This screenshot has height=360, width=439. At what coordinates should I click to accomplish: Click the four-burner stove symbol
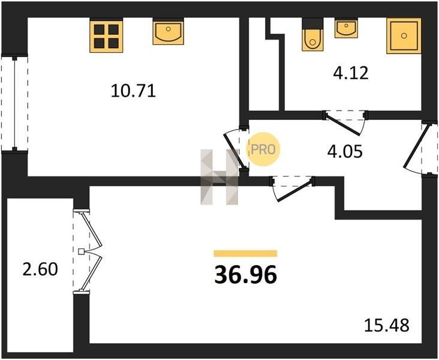coord(106,35)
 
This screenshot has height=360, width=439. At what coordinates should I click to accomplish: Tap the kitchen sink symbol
coord(168,31)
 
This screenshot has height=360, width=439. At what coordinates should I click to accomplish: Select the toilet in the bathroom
coord(312,34)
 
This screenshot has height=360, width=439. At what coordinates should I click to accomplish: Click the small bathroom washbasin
coord(346,28)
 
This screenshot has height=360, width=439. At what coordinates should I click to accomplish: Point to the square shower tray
coord(404,36)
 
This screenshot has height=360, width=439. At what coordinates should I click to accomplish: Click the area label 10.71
coord(133,91)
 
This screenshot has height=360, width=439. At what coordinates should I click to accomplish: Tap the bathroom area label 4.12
coord(350,73)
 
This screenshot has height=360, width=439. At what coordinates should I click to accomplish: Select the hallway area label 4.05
coord(345,152)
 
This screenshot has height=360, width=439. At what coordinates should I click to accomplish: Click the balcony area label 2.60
coord(40,269)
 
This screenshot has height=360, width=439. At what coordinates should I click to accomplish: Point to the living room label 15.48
coord(387,325)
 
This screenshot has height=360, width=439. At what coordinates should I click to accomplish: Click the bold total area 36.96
coord(245,275)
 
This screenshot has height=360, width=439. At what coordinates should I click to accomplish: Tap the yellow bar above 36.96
coord(245,253)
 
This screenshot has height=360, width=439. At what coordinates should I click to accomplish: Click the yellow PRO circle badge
coord(263,149)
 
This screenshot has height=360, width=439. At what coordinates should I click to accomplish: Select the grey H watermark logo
coord(220,177)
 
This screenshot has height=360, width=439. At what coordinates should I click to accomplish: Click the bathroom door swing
coord(346,122)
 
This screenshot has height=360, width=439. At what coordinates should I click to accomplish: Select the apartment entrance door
coord(420,148)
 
